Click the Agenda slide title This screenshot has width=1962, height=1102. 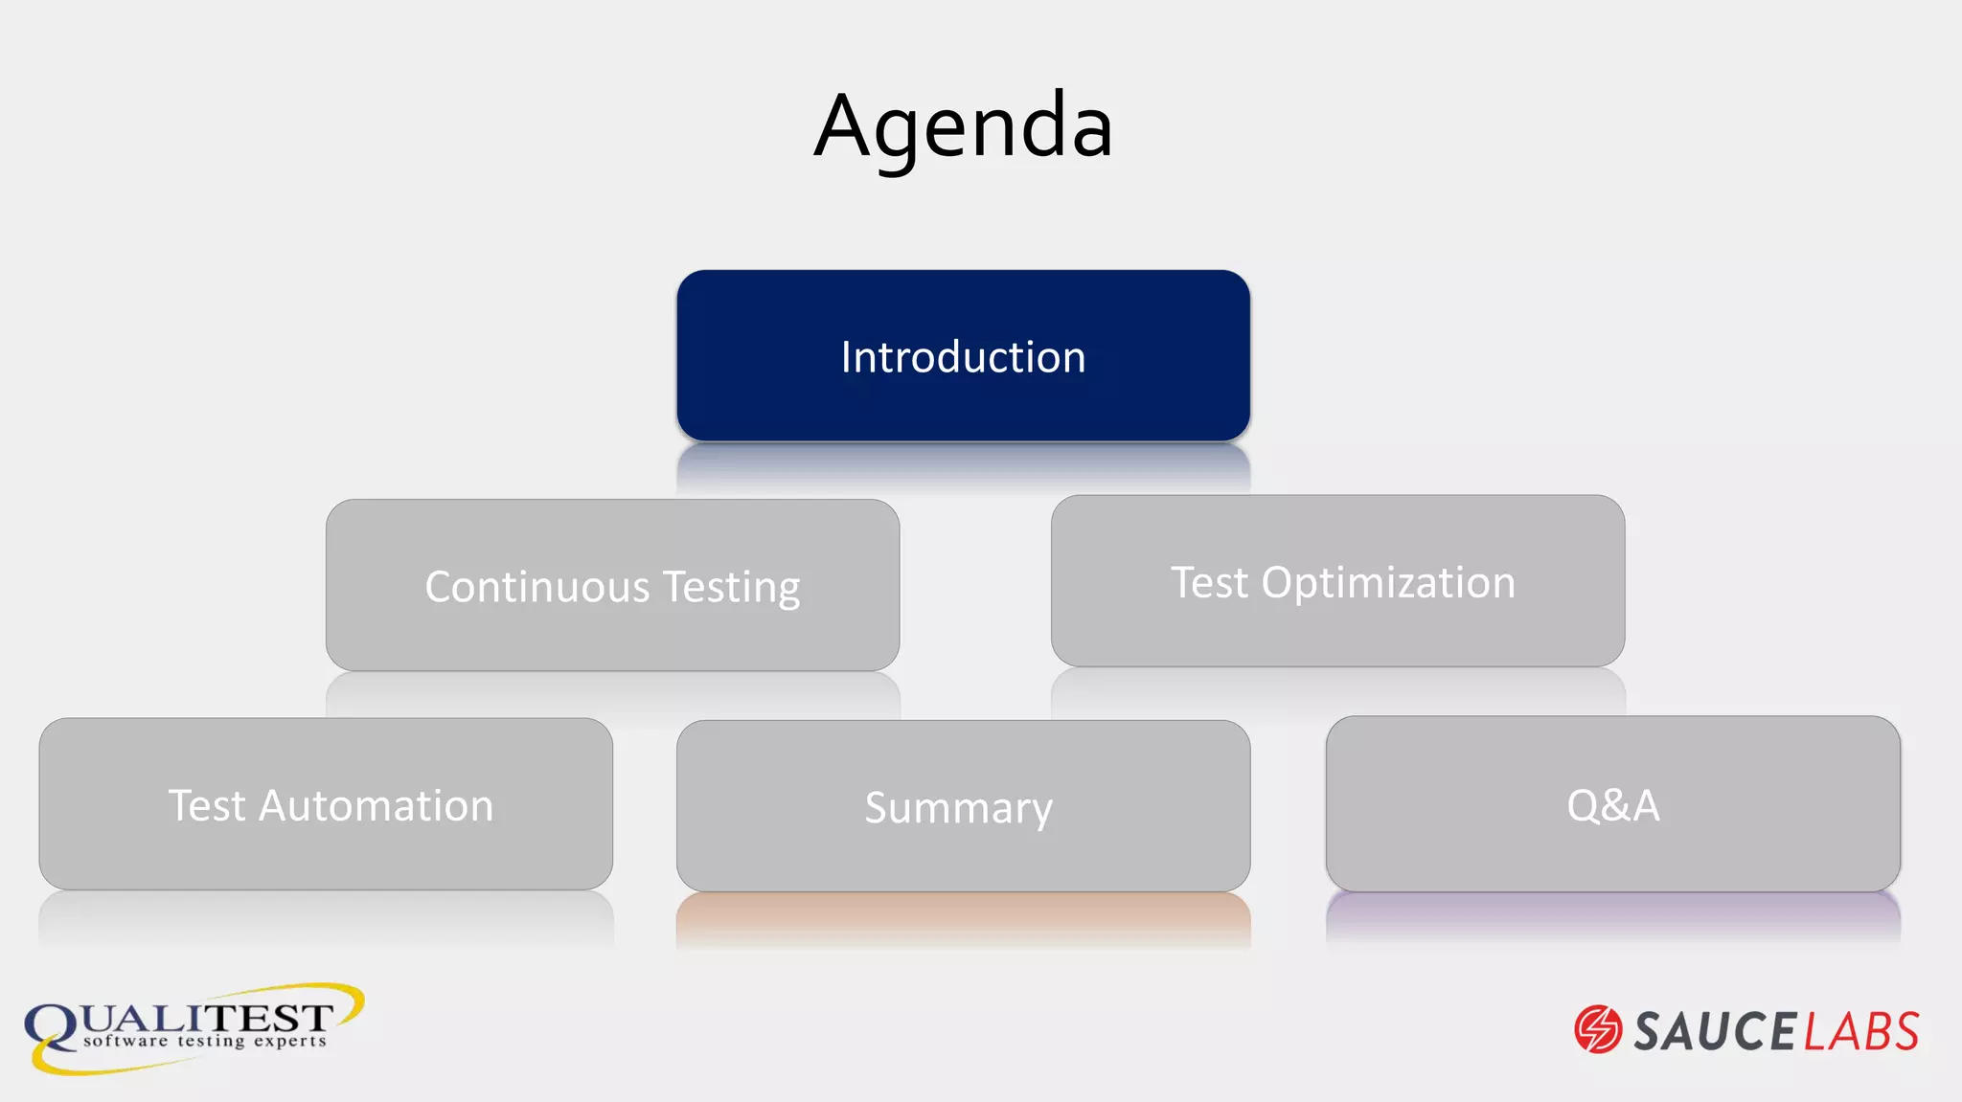pyautogui.click(x=963, y=126)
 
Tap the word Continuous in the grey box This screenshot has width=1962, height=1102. pyautogui.click(x=537, y=587)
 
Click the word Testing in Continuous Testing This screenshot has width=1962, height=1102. pyautogui.click(x=732, y=588)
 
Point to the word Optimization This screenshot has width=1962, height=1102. pyautogui.click(x=1388, y=583)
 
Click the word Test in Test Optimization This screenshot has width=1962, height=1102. pyautogui.click(x=1209, y=583)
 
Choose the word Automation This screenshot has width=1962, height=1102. pyautogui.click(x=376, y=806)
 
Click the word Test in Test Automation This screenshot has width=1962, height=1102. pyautogui.click(x=207, y=806)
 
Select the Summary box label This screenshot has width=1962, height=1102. pyautogui.click(x=958, y=808)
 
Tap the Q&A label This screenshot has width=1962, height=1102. pyautogui.click(x=1613, y=805)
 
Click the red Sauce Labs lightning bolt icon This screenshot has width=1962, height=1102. pyautogui.click(x=1598, y=1030)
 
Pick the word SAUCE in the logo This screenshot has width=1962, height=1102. pyautogui.click(x=1714, y=1031)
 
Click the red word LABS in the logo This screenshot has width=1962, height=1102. pyautogui.click(x=1861, y=1031)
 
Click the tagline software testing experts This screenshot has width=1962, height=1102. pyautogui.click(x=204, y=1042)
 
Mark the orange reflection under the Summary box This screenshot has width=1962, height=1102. pyautogui.click(x=963, y=916)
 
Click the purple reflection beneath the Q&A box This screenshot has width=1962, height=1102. pyautogui.click(x=1613, y=914)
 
